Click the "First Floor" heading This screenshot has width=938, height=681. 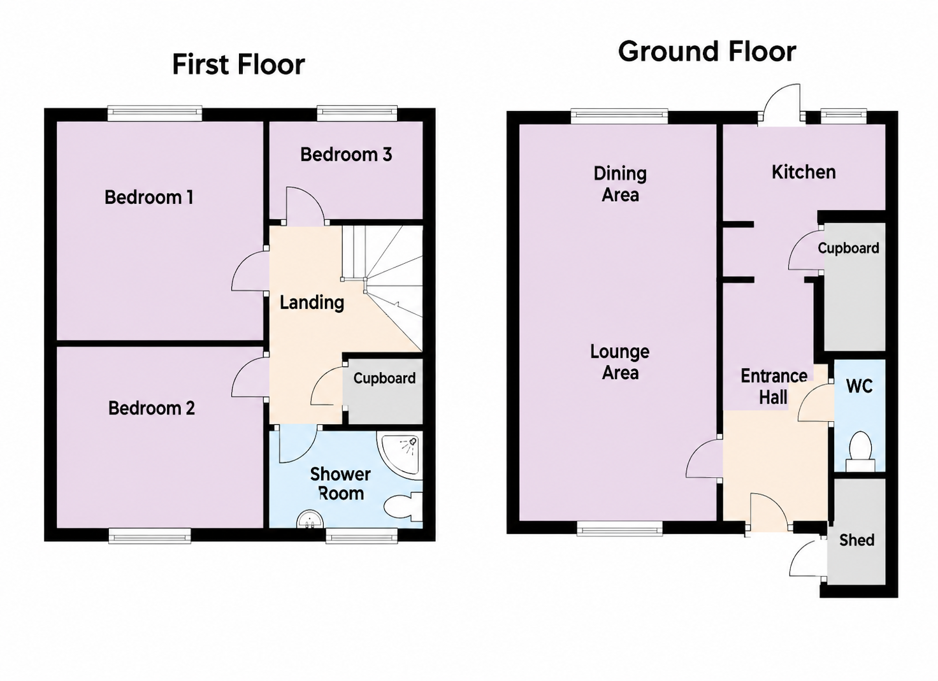(238, 64)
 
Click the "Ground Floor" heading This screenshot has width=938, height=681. (707, 52)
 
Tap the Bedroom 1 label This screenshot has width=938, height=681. (148, 197)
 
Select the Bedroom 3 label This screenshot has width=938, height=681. (346, 154)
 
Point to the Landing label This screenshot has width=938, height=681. (312, 302)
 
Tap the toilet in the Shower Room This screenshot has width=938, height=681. (403, 507)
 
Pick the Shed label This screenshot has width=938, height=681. (857, 540)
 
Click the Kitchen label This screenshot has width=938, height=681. (804, 172)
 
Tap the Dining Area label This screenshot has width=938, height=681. (620, 184)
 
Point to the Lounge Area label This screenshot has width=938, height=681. (620, 362)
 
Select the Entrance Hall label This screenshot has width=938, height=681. (774, 386)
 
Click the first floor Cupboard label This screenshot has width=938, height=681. (384, 378)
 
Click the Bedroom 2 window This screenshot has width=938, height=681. (150, 536)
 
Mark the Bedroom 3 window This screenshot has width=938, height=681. (357, 113)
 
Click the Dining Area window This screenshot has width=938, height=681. (619, 117)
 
